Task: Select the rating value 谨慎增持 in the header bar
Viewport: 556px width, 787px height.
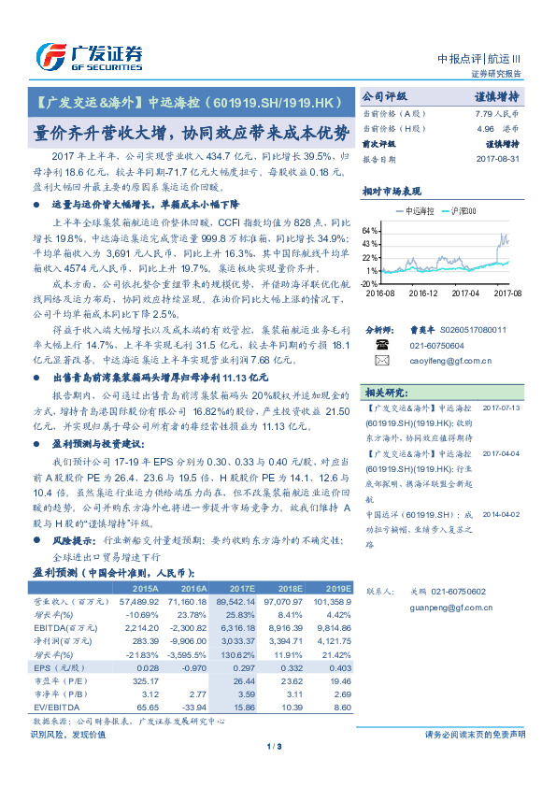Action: pos(502,96)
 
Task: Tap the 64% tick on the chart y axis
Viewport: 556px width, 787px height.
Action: pos(370,229)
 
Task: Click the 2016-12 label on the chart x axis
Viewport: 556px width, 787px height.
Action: pos(422,292)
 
